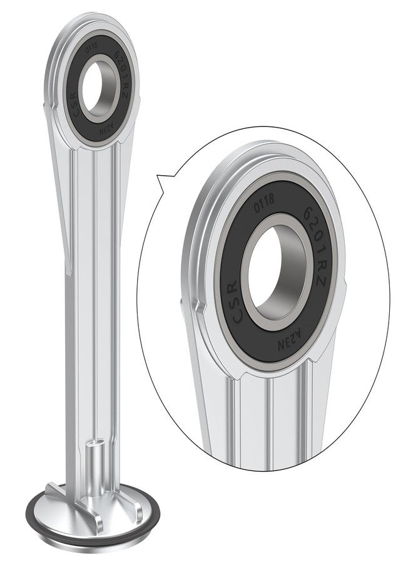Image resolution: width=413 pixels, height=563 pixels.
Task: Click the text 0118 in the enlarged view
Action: (264, 203)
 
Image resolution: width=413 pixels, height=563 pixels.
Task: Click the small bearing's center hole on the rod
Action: (92, 88)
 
